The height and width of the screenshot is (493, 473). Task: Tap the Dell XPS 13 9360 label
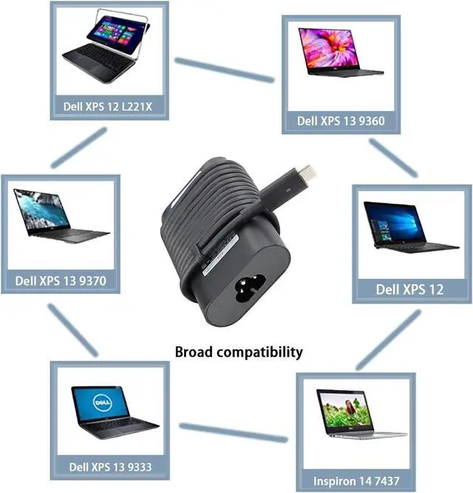341,120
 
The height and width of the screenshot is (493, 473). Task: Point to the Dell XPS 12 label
409,289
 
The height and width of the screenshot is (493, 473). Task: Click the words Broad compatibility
239,352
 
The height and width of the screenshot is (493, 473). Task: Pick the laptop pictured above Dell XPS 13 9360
340,54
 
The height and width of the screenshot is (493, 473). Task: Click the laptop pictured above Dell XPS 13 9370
61,216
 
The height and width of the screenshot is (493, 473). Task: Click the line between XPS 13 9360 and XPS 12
394,158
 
